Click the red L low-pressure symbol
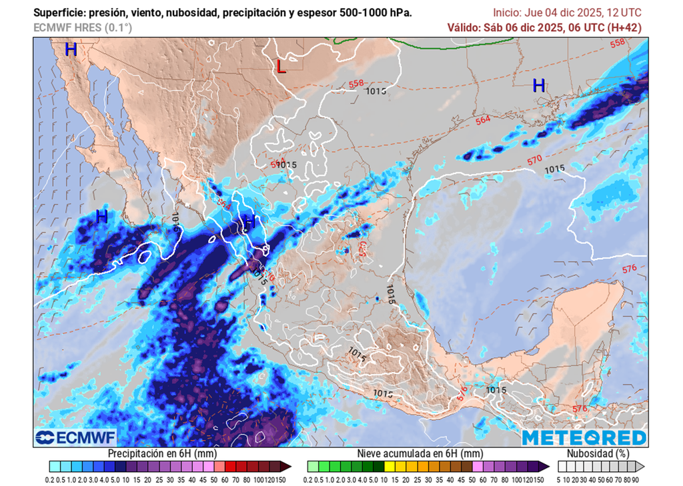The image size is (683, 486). pos(281,66)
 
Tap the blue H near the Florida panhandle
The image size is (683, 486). pos(538,85)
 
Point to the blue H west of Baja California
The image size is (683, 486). pos(101,216)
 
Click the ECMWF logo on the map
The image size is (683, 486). pos(75,437)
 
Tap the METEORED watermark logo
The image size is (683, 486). pos(584,437)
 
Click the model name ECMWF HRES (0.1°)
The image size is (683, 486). pos(82,27)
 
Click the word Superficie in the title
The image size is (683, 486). pos(58,13)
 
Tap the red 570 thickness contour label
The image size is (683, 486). pos(534,160)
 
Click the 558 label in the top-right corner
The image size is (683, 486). pos(618,43)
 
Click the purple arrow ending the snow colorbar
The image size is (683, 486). pos(545,466)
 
